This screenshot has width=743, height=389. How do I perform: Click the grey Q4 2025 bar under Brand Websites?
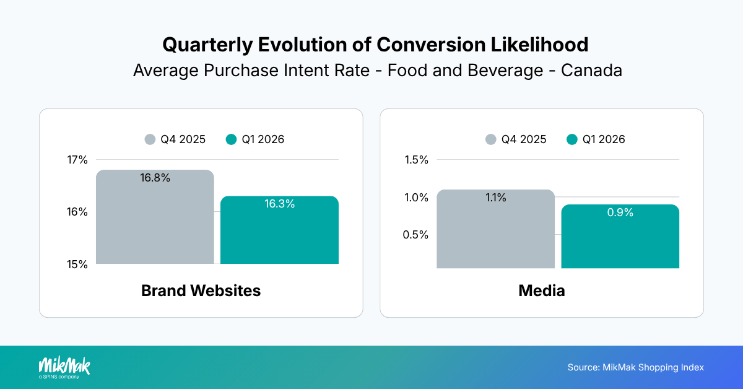pos(155,223)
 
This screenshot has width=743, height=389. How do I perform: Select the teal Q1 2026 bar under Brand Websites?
pos(279,235)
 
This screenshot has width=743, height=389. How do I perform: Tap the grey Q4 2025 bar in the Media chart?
pos(495,235)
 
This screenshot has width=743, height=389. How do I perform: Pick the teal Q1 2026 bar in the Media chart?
pos(620,242)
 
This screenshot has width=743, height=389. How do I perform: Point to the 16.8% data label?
pos(155,178)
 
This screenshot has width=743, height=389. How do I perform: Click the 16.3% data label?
pos(279,204)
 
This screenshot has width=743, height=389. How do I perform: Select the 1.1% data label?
pos(495,198)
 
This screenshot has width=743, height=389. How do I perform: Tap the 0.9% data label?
pos(620,212)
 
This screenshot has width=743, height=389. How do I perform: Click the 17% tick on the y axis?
pos(78,160)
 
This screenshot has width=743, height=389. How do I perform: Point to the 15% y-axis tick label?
pos(78,264)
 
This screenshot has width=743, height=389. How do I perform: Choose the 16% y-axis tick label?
pos(78,212)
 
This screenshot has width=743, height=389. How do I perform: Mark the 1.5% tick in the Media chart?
pos(416,160)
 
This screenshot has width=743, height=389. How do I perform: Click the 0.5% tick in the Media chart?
pos(416,235)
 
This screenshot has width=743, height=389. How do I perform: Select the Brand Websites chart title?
pos(201,291)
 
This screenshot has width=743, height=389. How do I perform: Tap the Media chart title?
pos(542,291)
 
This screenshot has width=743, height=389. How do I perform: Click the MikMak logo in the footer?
pos(64,367)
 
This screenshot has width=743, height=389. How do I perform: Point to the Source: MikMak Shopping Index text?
pos(635,367)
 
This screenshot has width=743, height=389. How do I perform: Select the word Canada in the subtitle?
pos(591,70)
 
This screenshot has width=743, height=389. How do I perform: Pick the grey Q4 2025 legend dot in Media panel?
pos(492,139)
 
